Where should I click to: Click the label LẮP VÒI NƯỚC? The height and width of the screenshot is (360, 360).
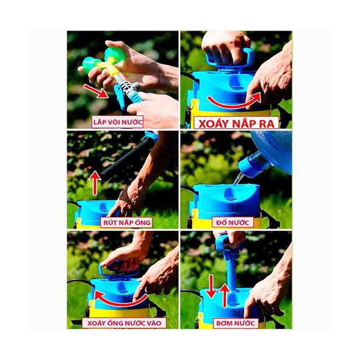(x=118, y=122)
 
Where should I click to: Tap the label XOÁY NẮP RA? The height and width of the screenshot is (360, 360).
(x=236, y=124)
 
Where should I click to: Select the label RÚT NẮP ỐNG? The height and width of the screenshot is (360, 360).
(x=127, y=223)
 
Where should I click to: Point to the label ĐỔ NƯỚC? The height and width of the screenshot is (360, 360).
(x=233, y=222)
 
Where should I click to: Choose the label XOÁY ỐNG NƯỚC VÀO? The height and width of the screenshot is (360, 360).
(x=124, y=323)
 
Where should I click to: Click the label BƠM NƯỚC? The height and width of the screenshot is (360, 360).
(x=236, y=323)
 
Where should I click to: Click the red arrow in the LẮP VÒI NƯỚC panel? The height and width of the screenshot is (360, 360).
(x=96, y=91)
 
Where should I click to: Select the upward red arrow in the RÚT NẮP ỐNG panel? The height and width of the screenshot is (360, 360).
(x=95, y=183)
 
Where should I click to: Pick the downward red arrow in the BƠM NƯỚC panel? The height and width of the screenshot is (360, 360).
(x=211, y=286)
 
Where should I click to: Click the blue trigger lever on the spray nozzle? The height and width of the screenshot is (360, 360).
(x=121, y=97)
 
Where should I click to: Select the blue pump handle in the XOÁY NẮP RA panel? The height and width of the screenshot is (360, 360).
(x=230, y=60)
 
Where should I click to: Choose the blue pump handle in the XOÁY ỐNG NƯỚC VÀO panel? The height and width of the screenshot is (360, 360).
(x=118, y=271)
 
